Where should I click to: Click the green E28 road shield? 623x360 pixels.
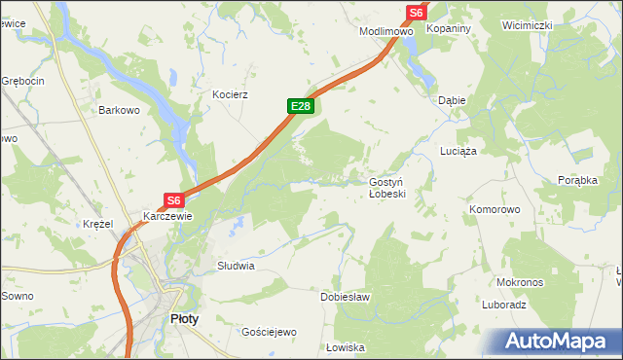tap(300, 106)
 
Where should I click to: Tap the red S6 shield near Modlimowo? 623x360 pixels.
tap(416, 12)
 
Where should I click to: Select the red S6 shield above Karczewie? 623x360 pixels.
tap(173, 200)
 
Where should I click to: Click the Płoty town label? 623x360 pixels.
tap(185, 318)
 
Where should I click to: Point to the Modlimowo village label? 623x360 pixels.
tap(386, 31)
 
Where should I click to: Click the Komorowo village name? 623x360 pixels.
tap(495, 209)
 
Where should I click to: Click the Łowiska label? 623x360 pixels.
tap(345, 347)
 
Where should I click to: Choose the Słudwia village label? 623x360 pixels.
tap(236, 265)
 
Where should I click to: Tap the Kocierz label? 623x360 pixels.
tap(232, 95)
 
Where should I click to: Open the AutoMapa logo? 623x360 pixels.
tap(559, 342)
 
